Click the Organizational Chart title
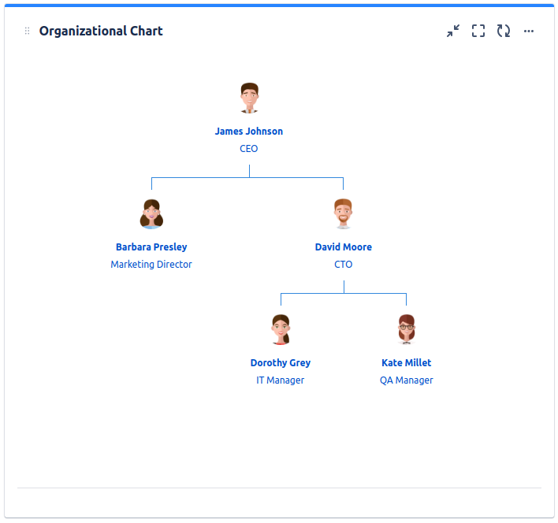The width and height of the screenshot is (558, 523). coord(101,32)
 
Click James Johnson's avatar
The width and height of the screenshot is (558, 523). coord(249,98)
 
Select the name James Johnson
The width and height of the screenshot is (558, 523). coord(249,132)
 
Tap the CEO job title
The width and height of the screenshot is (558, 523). coord(249,149)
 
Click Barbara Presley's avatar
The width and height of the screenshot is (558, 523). coord(151,214)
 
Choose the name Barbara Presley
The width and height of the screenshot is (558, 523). coord(151,247)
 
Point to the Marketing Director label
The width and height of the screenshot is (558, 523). coord(151,265)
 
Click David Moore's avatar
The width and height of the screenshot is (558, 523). coord(343,214)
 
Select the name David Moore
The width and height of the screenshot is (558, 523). coord(343,247)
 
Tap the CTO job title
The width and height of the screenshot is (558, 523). coord(343,265)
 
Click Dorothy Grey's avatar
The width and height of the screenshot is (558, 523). coord(281,330)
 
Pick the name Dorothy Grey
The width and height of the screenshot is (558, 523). coord(281,363)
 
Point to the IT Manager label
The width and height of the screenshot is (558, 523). coord(281,380)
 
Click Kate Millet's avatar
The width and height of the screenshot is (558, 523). coord(406,330)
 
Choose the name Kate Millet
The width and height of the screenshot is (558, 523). coord(406,363)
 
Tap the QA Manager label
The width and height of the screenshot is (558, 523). coord(406,380)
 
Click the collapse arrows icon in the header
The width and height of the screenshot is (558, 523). coord(453,32)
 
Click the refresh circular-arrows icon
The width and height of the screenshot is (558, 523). coord(504,32)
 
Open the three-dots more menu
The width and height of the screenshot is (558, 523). coord(529,32)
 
